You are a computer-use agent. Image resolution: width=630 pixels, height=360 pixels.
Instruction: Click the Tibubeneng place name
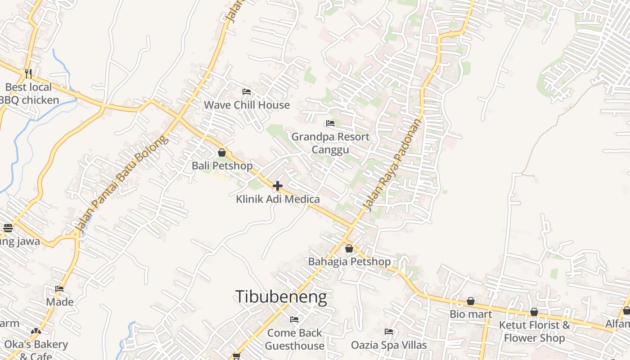(281, 297)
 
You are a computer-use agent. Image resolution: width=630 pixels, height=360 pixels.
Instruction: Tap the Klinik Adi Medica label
(278, 199)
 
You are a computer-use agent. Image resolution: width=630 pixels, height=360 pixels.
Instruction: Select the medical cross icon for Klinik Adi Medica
(278, 185)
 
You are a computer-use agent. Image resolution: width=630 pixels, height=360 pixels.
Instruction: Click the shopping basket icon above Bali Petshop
(222, 153)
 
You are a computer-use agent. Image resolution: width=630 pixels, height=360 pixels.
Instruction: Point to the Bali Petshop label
(222, 166)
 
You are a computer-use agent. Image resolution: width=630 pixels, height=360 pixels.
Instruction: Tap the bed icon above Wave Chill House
(247, 92)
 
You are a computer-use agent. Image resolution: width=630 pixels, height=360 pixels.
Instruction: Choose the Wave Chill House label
(247, 105)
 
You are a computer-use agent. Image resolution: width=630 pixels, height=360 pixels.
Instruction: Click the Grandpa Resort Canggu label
(330, 143)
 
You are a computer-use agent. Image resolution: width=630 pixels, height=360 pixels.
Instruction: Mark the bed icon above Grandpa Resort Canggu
(330, 123)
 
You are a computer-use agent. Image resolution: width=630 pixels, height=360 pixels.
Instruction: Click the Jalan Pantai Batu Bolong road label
(122, 184)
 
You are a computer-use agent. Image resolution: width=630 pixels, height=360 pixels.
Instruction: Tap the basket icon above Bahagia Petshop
(349, 248)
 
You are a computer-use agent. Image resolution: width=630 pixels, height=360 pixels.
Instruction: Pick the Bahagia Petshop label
(349, 261)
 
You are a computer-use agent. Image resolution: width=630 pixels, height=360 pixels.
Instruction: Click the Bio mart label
(471, 314)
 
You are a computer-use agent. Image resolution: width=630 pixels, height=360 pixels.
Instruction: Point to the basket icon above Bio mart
(471, 301)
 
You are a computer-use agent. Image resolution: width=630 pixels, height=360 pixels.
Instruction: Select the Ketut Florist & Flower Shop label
(534, 331)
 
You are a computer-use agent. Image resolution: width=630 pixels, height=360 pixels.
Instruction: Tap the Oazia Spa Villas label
(389, 345)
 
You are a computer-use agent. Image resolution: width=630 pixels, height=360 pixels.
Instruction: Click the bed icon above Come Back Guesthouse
(294, 319)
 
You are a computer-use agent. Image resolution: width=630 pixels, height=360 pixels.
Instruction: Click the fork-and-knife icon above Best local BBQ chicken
(28, 72)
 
